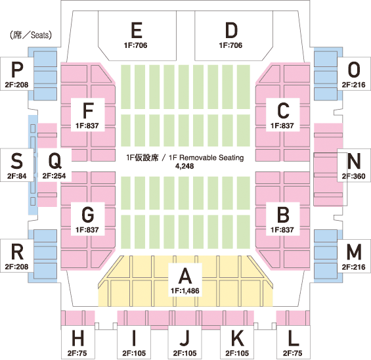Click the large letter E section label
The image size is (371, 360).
point(137,30)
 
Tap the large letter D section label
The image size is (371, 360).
point(231,30)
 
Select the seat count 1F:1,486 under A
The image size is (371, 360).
point(185,290)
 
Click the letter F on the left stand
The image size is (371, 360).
point(88,110)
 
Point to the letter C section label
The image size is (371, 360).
point(283,110)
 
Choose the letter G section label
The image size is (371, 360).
point(88,215)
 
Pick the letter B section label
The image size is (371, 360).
point(283,215)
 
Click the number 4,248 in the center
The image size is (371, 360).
point(185,166)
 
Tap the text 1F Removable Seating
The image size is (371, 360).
point(206,158)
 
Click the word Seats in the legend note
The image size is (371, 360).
point(39,35)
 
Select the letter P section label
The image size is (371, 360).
point(17,70)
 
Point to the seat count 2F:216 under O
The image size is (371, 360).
point(353,85)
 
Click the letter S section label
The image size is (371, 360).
point(17,161)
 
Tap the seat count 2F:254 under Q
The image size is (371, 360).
point(55,176)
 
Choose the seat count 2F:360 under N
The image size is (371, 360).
point(353,176)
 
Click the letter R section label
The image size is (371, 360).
point(17,252)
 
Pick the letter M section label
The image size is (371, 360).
point(354,252)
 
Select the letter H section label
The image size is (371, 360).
point(78,338)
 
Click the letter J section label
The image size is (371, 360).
point(185,338)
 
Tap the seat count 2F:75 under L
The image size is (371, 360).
point(293,353)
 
